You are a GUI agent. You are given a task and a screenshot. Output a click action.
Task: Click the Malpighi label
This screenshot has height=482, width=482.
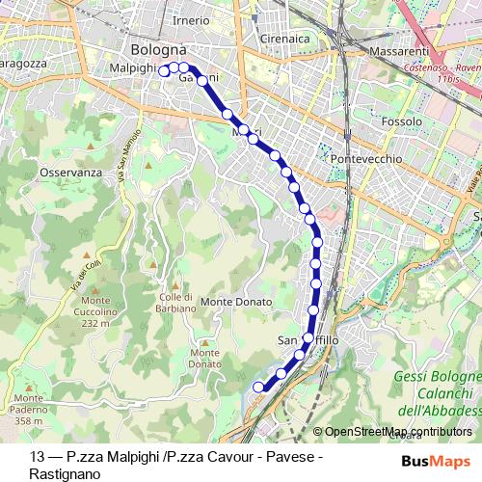click(133, 68)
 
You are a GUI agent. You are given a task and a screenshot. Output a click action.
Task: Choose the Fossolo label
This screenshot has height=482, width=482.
click(401, 122)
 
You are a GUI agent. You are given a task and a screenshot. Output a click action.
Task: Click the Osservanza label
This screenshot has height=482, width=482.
click(71, 172)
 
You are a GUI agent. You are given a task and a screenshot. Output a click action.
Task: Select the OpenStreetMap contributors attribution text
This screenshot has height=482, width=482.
click(398, 432)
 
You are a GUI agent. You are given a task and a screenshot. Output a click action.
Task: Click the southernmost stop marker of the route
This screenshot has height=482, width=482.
click(258, 387)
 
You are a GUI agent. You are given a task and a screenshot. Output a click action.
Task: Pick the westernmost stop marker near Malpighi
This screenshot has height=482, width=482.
click(165, 70)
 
